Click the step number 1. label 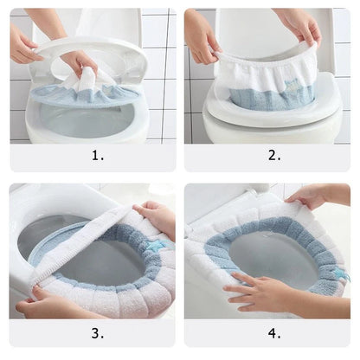coord(97,156)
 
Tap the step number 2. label coord(274,156)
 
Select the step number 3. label coord(97,333)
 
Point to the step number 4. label coord(274,333)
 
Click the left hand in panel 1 coord(22,43)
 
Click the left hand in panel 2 coord(201,39)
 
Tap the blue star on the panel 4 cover coord(338,273)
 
